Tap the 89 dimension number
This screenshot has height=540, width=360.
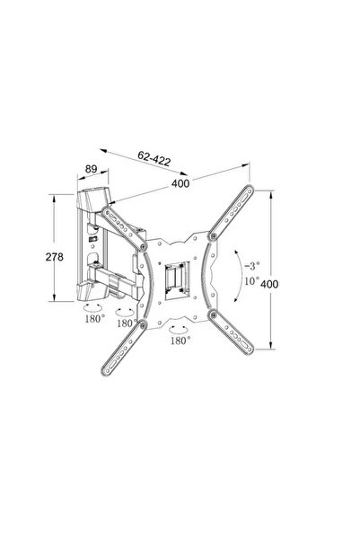[90, 167]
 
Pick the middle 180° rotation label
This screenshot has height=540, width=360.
[126, 322]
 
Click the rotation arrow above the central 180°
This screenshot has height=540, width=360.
[179, 330]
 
